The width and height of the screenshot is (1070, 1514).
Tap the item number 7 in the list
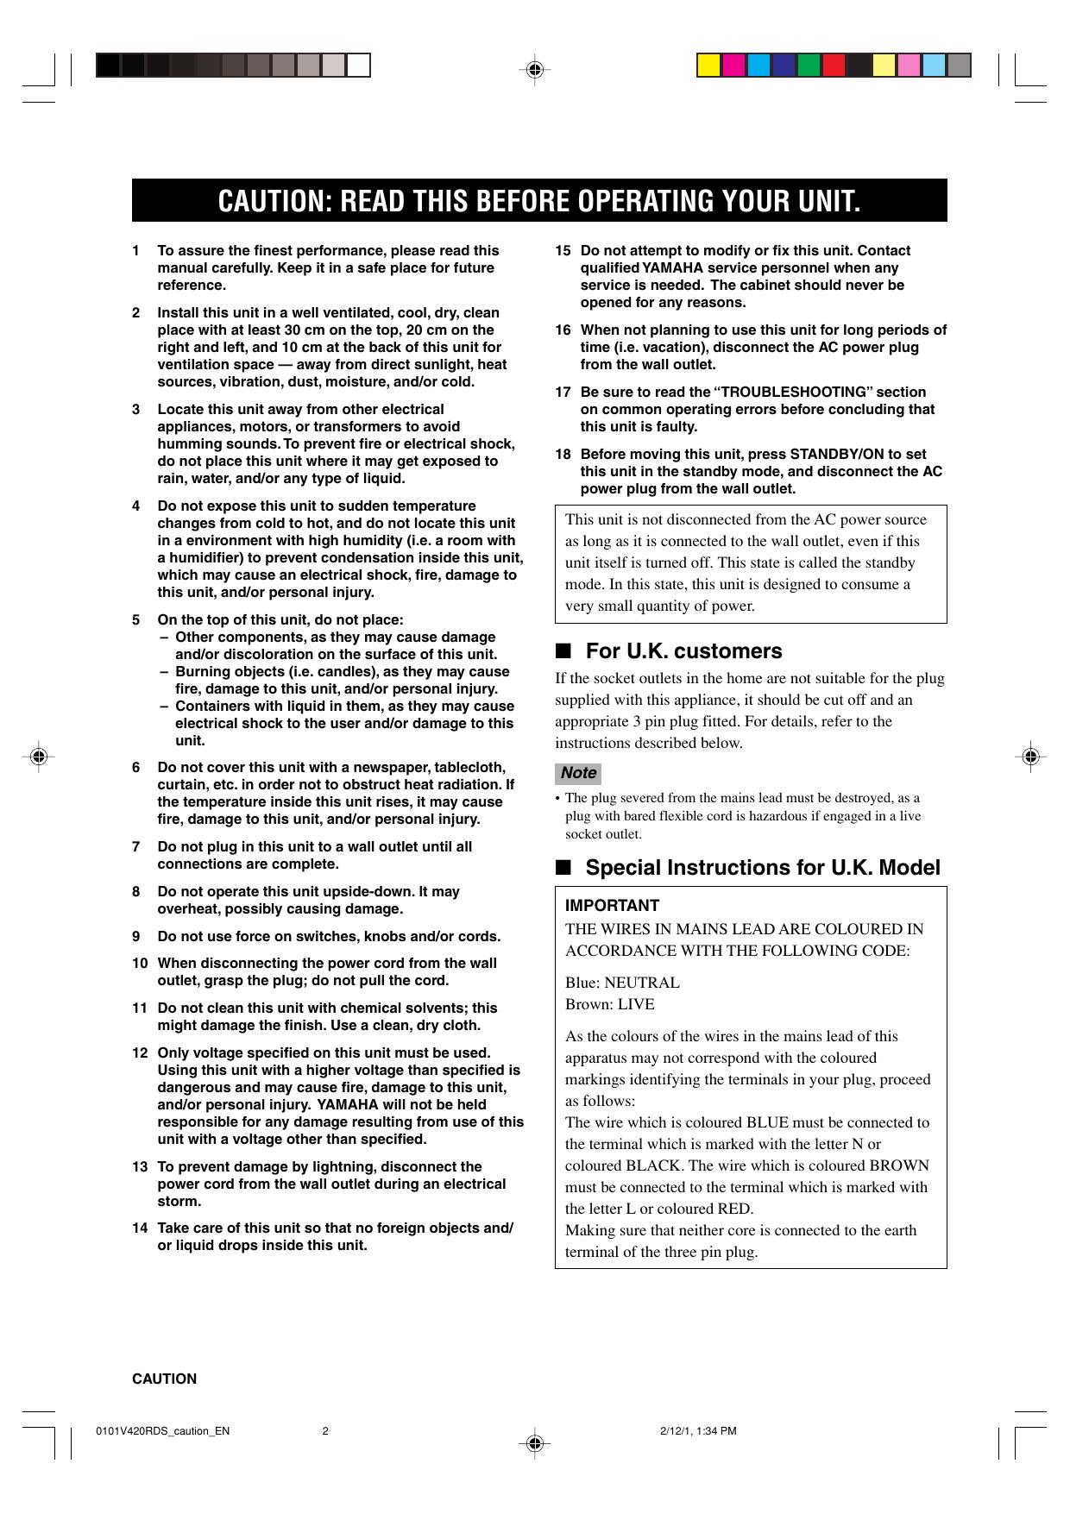click(x=136, y=846)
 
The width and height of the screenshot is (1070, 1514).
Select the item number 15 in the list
click(x=563, y=250)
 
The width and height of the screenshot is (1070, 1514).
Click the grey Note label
click(x=578, y=772)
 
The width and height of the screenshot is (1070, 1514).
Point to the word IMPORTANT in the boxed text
click(x=612, y=905)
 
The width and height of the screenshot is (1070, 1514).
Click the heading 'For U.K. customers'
click(x=683, y=650)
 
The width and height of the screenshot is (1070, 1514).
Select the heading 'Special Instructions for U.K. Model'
click(x=763, y=867)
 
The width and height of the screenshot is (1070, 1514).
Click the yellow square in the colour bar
click(x=709, y=66)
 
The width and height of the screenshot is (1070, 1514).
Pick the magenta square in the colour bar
click(x=734, y=66)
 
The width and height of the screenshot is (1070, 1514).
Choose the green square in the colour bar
click(x=809, y=66)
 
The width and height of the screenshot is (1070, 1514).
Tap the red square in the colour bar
click(x=834, y=66)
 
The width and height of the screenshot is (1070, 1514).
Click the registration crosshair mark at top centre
click(x=535, y=70)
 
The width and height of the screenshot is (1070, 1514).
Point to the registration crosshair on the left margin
click(x=38, y=757)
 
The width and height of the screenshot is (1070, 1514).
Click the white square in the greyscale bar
click(x=359, y=66)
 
